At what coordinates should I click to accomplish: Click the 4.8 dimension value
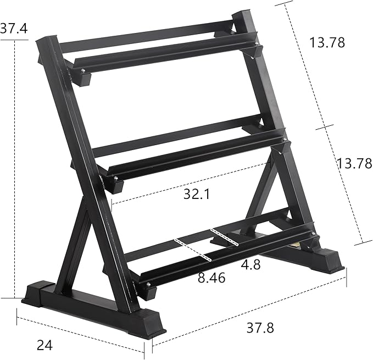click(x=250, y=264)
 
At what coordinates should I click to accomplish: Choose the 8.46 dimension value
click(x=211, y=278)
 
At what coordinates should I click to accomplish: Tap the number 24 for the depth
click(x=46, y=345)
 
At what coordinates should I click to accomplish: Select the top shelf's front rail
click(x=165, y=54)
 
